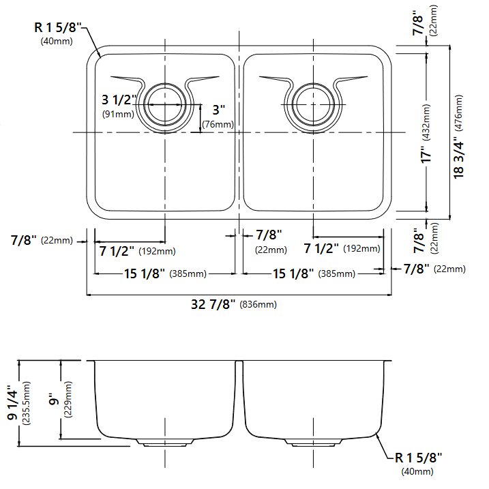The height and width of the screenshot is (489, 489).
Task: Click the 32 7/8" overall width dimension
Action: (x=213, y=304)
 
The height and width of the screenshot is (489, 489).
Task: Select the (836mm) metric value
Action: (x=258, y=305)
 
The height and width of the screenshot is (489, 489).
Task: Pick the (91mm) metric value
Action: (x=118, y=115)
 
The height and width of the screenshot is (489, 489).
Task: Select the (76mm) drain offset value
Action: (x=218, y=124)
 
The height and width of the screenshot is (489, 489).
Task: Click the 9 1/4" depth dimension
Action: (x=12, y=404)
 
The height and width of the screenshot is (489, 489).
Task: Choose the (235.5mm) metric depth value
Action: (x=27, y=404)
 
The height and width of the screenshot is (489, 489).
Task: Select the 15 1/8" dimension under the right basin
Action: (x=293, y=273)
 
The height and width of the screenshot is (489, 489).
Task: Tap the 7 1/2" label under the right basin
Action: (x=322, y=248)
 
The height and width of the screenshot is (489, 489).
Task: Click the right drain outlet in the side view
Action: (x=313, y=442)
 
